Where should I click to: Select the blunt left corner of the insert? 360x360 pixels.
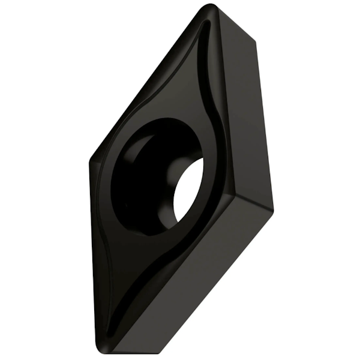pyautogui.click(x=91, y=161)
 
